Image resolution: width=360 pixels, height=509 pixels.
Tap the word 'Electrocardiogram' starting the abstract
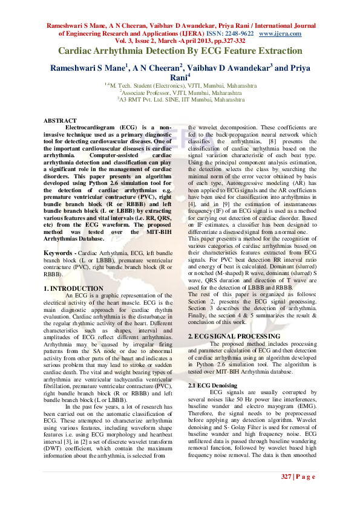[x=91, y=128]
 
